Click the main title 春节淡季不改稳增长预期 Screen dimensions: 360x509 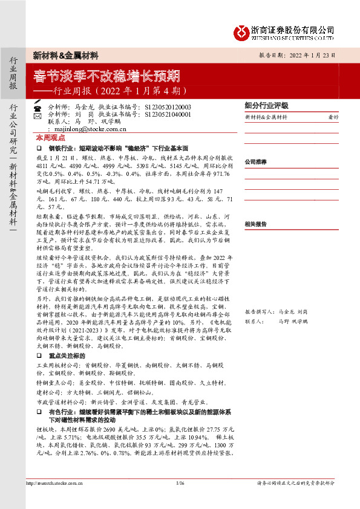106,76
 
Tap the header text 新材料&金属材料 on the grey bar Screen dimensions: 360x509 66,55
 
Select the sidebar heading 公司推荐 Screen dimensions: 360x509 256,162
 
